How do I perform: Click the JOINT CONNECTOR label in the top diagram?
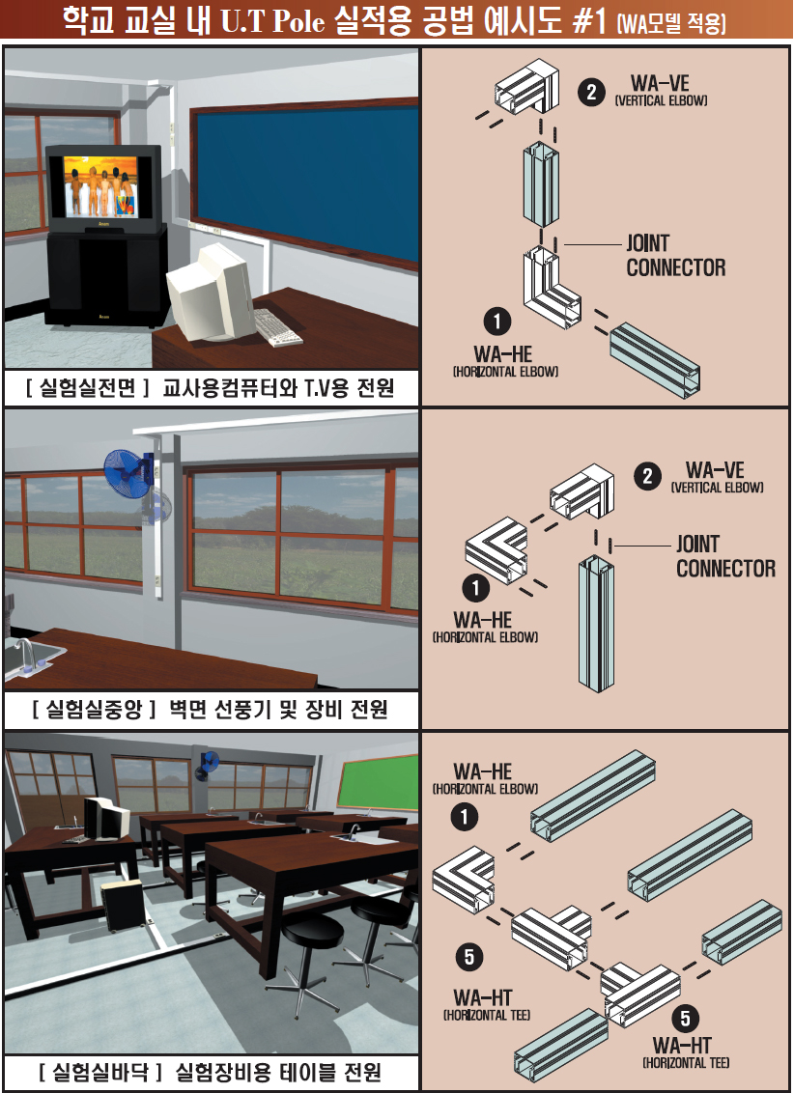(x=675, y=256)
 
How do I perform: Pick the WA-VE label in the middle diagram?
(x=715, y=470)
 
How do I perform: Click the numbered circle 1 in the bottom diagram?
(x=466, y=818)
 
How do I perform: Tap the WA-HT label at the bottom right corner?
(x=683, y=1045)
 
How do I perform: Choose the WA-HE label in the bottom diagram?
(x=483, y=771)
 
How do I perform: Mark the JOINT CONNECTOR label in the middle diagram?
(x=725, y=556)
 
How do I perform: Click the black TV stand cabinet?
(x=101, y=280)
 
